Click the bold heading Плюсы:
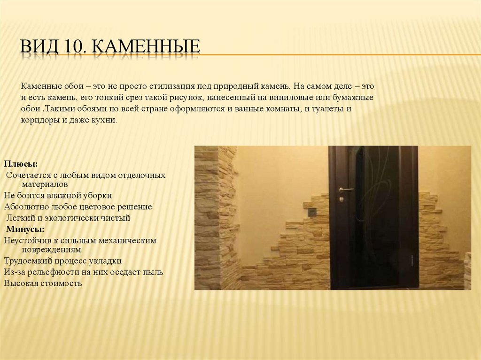pos(21,164)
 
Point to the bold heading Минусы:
pos(25,229)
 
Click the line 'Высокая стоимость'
pos(43,283)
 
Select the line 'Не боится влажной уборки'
pos(57,196)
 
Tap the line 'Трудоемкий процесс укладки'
pos(62,261)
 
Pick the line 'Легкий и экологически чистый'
pos(68,218)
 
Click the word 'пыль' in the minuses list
pos(154,272)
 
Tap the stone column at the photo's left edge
pos(214,218)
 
